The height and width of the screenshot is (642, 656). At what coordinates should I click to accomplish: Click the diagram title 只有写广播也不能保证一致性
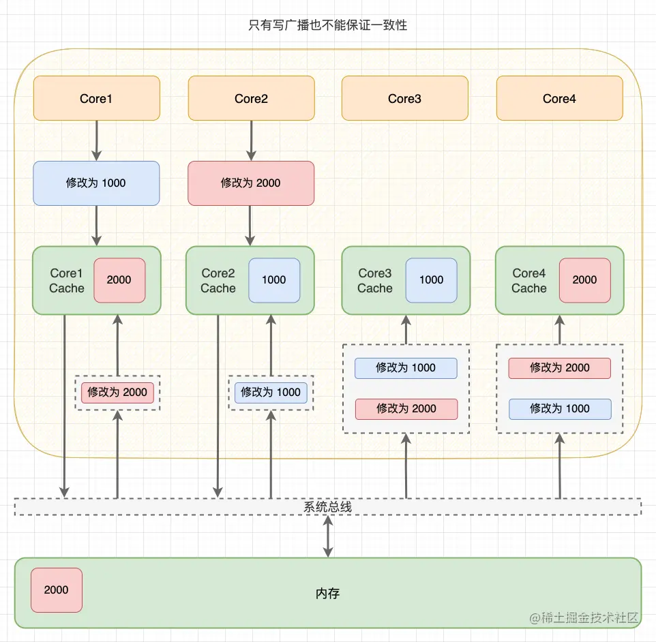click(x=327, y=25)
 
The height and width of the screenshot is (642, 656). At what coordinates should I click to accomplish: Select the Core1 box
click(x=96, y=98)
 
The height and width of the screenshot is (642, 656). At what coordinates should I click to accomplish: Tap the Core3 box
click(x=404, y=98)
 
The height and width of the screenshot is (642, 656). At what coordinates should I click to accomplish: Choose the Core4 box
click(x=559, y=98)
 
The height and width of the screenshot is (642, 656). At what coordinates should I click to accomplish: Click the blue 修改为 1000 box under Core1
click(x=96, y=183)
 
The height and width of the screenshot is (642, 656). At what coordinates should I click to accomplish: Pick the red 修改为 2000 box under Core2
click(x=250, y=183)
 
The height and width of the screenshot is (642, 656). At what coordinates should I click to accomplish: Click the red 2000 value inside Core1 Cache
click(x=119, y=279)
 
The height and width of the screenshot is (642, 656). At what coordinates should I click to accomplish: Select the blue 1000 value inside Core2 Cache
click(x=273, y=279)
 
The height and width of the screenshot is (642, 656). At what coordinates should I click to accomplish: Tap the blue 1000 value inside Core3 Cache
click(x=431, y=279)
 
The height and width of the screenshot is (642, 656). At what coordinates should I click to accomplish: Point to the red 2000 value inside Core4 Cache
click(x=584, y=279)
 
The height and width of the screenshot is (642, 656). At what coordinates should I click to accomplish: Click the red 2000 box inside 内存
click(x=56, y=590)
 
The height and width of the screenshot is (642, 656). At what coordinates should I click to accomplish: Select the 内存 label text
click(x=327, y=593)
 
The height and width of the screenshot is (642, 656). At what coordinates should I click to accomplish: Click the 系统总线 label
click(x=327, y=507)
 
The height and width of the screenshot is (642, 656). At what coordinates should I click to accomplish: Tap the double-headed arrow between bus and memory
click(x=328, y=536)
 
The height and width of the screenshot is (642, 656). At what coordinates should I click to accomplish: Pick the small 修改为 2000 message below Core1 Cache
click(x=117, y=392)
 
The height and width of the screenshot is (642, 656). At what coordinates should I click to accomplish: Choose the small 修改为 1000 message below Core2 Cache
click(x=271, y=392)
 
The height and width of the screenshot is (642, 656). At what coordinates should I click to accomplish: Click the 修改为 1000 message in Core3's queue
click(x=406, y=367)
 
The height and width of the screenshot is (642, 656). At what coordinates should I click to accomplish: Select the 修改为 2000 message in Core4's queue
click(x=559, y=367)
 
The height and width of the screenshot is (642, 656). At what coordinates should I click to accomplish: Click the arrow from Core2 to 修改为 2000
click(x=250, y=140)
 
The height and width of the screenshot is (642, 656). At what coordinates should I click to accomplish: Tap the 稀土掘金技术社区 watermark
click(x=584, y=617)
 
